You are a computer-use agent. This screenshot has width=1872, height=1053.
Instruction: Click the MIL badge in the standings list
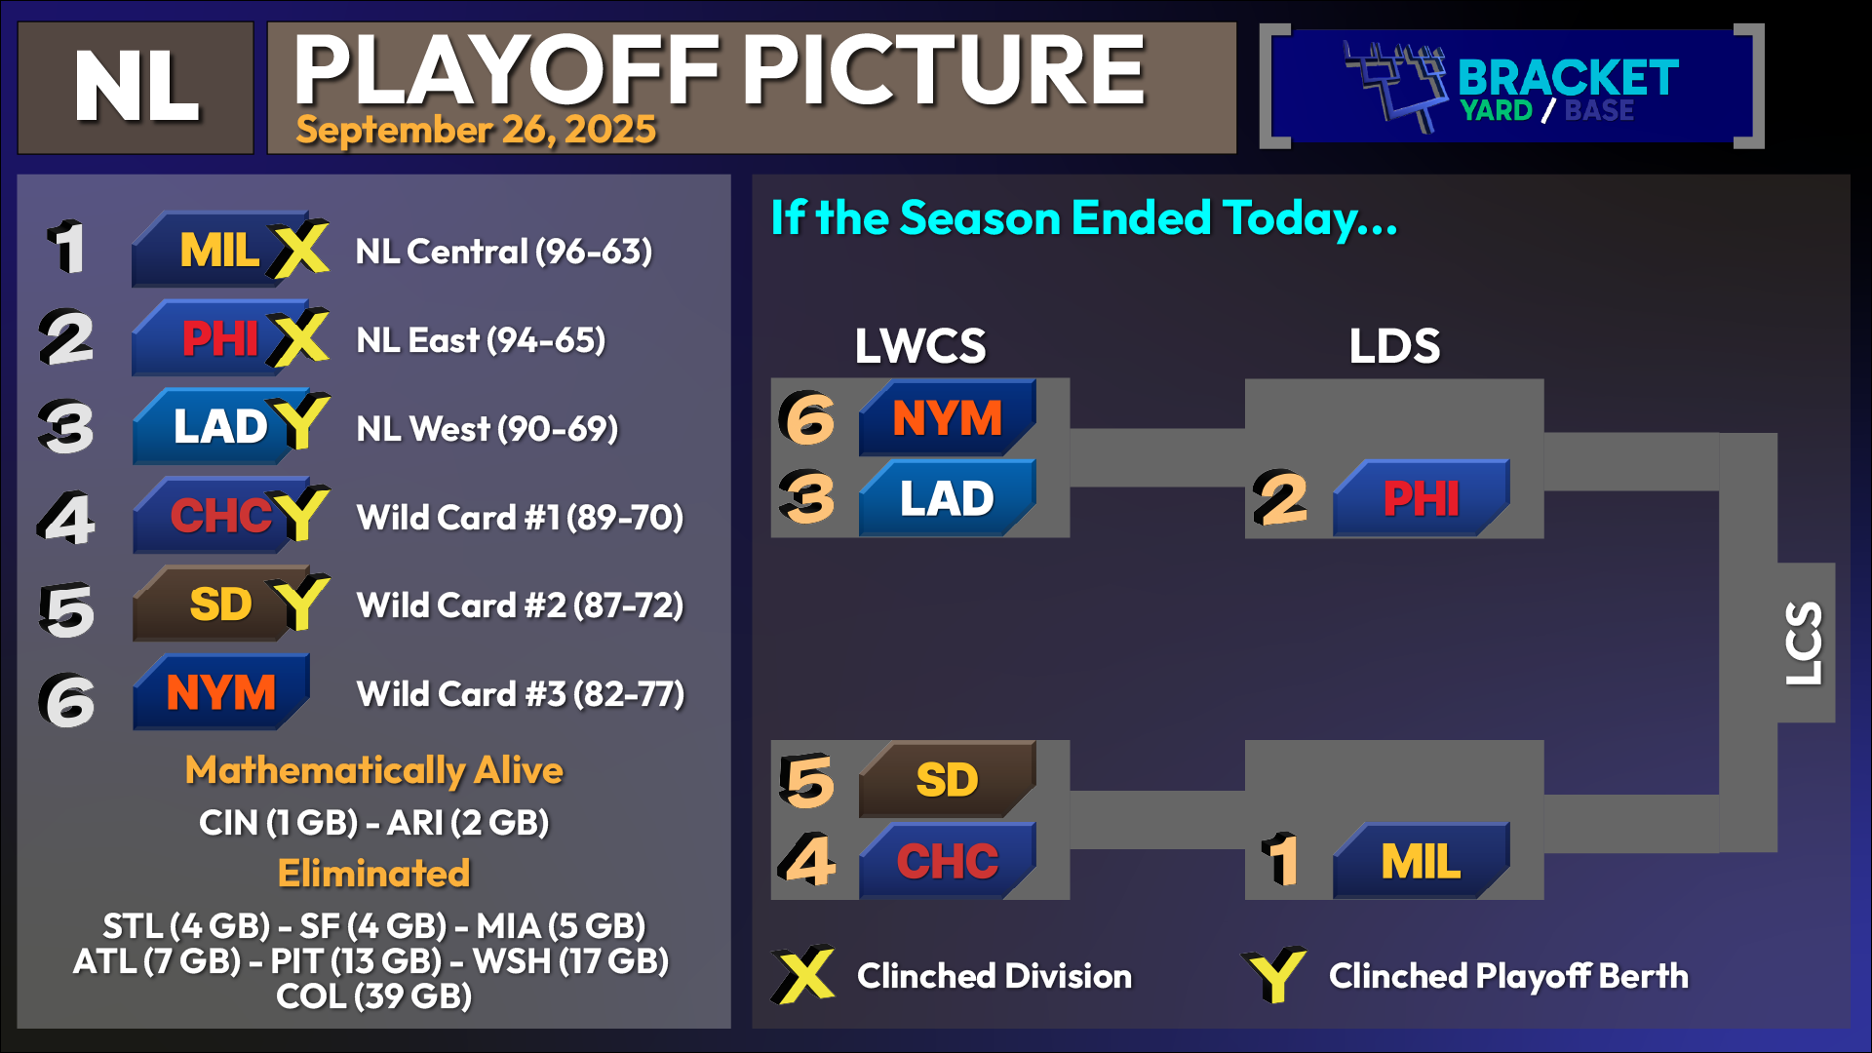coord(220,250)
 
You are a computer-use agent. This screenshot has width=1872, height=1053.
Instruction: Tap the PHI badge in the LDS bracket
coord(1421,498)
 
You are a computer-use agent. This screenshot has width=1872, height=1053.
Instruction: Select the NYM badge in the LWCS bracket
coord(947,417)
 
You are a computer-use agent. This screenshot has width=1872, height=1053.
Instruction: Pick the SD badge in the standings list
coord(220,604)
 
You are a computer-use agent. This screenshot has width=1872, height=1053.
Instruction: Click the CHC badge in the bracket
coord(947,861)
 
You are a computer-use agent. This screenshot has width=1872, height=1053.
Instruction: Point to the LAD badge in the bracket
coord(947,498)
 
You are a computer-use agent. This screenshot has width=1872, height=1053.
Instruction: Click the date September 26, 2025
coord(476,130)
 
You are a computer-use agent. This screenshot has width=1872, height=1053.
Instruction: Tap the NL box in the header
coord(136,88)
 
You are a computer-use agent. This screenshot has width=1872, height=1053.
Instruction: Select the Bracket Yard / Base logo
coord(1511,87)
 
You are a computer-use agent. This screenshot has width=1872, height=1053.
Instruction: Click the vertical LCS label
coord(1804,643)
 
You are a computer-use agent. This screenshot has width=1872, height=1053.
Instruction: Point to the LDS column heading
coord(1394,346)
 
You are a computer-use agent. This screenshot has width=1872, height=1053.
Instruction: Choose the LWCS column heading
coord(920,346)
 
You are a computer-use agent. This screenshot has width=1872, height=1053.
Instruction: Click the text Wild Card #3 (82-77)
coord(521,694)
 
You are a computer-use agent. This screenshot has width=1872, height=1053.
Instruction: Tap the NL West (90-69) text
coord(487,429)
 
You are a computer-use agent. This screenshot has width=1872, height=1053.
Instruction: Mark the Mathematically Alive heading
coord(374,771)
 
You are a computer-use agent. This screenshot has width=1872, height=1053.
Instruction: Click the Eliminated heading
coord(374,874)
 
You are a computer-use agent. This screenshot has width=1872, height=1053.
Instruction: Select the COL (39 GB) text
coord(374,996)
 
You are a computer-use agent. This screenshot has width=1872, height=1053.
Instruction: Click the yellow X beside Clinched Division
coord(803,974)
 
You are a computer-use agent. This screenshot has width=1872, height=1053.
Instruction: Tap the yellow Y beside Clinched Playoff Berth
coord(1274,974)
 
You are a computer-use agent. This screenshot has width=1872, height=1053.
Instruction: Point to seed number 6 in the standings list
coord(67,700)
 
